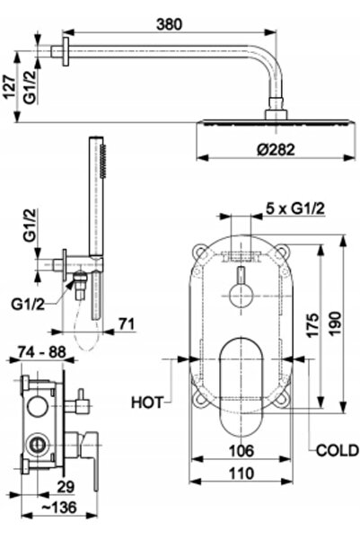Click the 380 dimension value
tap(169, 24)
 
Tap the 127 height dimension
tap(9, 87)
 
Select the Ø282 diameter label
tap(276, 150)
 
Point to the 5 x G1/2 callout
tap(295, 208)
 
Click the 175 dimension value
tap(312, 325)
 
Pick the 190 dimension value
tap(335, 323)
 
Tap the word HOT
tap(146, 403)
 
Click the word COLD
tap(338, 450)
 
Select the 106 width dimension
tap(241, 451)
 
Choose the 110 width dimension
tap(241, 474)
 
